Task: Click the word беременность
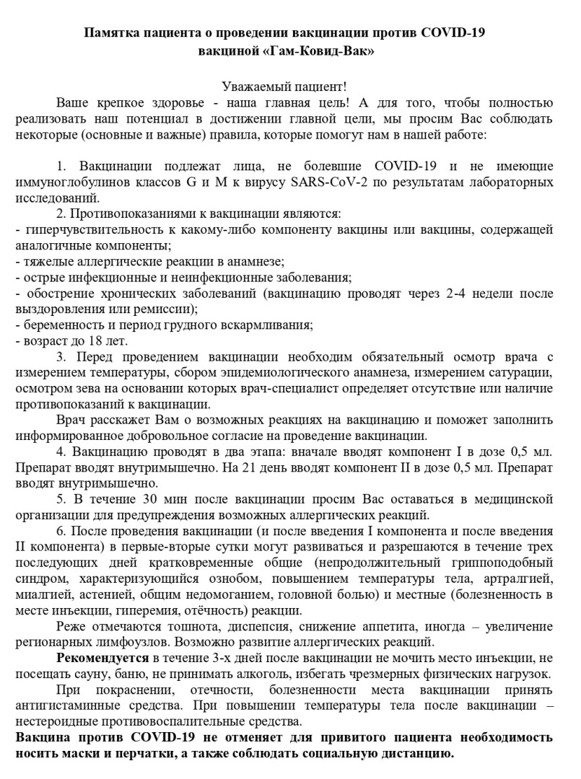pos(62,325)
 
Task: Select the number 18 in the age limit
pos(92,341)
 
